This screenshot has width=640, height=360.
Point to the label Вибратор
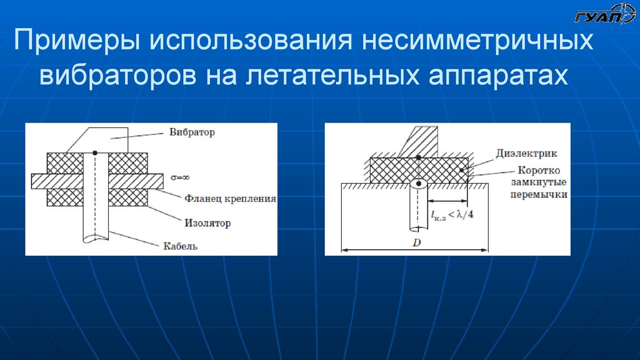(x=192, y=132)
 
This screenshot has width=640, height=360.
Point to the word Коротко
(x=539, y=171)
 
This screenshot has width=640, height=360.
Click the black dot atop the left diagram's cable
(x=94, y=152)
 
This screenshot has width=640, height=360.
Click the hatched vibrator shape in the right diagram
(x=421, y=140)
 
